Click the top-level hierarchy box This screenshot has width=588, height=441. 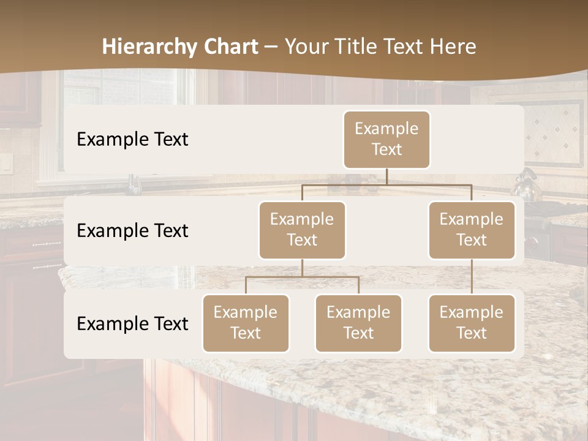[x=386, y=139]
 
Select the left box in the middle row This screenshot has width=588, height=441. [x=302, y=230]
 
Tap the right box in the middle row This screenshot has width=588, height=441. [x=472, y=230]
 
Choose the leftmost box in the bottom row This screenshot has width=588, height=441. [x=246, y=323]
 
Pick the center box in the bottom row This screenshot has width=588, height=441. [x=358, y=323]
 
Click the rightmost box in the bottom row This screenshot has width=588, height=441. [x=472, y=323]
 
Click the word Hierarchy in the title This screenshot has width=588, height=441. [x=149, y=47]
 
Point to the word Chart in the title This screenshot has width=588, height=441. [x=231, y=47]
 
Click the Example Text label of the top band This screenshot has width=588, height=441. [x=132, y=139]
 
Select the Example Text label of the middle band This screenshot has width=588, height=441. [x=132, y=230]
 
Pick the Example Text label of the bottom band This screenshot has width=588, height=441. [x=132, y=323]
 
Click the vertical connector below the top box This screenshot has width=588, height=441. [x=386, y=176]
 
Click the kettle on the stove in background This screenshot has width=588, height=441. [x=526, y=186]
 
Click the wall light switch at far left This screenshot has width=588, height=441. [x=6, y=162]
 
